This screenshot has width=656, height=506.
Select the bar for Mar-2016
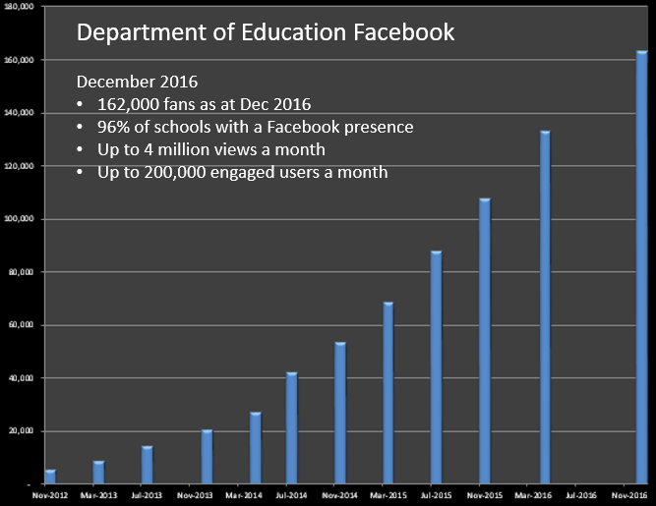pos(545,308)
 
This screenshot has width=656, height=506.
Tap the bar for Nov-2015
pos(484,341)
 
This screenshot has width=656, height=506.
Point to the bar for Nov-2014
pos(340,413)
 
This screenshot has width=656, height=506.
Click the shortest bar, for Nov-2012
pos(50,477)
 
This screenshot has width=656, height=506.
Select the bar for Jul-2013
pos(147,465)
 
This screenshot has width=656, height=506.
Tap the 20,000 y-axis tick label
pos(21,431)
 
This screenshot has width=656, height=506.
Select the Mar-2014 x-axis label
pos(242,495)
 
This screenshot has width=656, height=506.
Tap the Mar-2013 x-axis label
pos(98,495)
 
